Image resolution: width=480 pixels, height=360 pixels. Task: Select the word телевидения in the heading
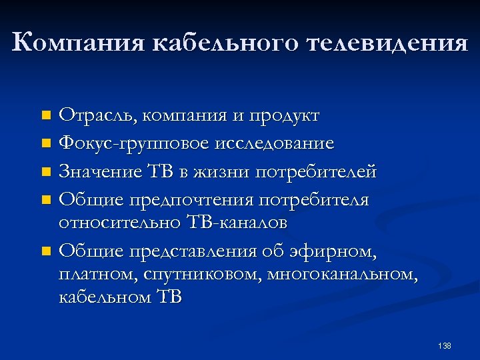[387, 43]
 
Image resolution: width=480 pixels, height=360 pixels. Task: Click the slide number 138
[445, 346]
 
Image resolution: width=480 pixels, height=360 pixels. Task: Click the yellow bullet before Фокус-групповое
[45, 144]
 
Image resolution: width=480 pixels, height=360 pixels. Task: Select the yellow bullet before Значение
[45, 173]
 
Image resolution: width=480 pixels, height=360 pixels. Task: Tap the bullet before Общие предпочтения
[45, 201]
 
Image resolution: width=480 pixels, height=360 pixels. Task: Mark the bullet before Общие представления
[45, 252]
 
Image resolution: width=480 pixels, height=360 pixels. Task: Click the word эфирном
[333, 251]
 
